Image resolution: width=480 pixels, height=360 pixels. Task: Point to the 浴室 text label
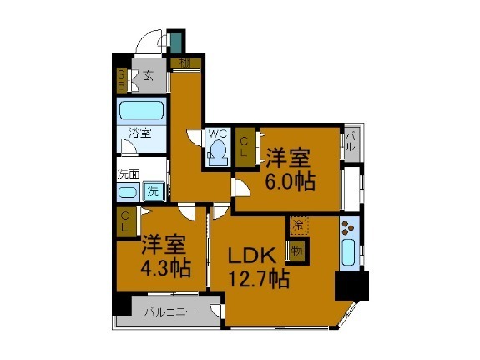click(x=139, y=132)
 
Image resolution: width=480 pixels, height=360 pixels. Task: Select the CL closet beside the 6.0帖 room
click(x=245, y=147)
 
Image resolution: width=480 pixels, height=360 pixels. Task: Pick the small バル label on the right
click(x=351, y=144)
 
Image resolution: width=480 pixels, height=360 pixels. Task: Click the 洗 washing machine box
click(x=154, y=191)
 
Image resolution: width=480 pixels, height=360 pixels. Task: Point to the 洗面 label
click(x=128, y=175)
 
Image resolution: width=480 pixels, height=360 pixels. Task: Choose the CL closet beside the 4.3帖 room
click(x=124, y=221)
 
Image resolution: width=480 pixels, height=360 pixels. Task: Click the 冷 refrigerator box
click(x=297, y=225)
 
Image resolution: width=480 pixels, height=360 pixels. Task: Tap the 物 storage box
click(x=296, y=250)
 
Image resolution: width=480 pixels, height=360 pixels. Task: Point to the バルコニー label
click(x=169, y=312)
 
